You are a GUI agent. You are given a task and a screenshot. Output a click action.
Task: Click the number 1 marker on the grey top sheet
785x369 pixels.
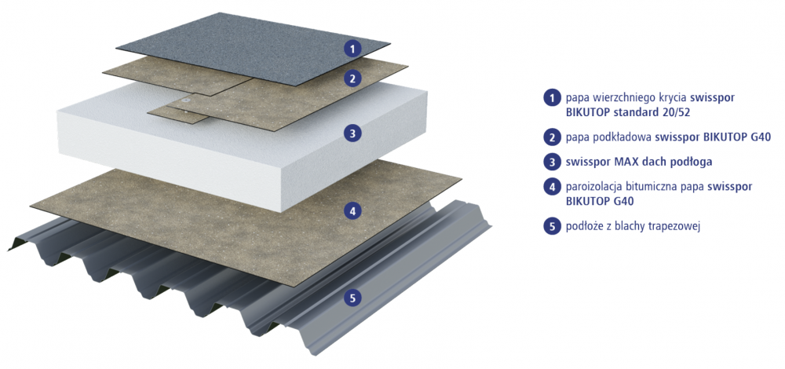[x=353, y=49]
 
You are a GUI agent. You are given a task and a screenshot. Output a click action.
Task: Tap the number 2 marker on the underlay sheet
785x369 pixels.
[x=353, y=78]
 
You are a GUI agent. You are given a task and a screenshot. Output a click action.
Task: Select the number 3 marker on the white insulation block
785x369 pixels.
[x=353, y=133]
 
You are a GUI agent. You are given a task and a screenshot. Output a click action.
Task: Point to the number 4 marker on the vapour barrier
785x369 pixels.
[x=353, y=211]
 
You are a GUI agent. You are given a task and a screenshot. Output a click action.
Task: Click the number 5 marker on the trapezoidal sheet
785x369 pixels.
[x=353, y=298]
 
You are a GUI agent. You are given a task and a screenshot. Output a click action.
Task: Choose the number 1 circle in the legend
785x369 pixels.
[x=552, y=97]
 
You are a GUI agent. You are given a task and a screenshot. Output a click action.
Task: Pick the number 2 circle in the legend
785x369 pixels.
[x=552, y=137]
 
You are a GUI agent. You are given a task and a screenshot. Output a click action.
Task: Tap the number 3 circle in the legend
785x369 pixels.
[x=552, y=163]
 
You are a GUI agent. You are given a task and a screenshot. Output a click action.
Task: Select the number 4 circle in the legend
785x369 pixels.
[x=552, y=188]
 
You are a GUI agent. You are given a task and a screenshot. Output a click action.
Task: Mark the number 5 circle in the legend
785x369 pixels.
[x=552, y=227]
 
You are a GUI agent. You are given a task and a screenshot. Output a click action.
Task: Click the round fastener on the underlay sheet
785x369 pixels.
[x=187, y=100]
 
